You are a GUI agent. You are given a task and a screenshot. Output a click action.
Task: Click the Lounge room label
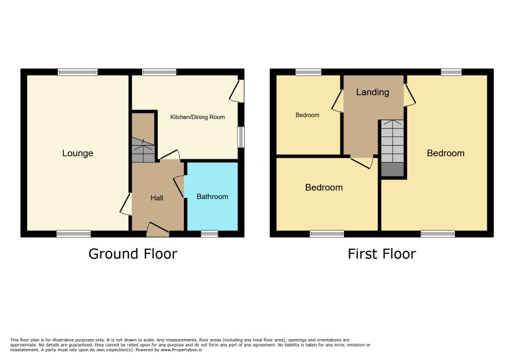(x=78, y=153)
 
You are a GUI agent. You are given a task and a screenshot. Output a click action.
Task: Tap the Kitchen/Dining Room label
(x=198, y=117)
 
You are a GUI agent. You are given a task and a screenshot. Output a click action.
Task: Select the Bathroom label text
(x=212, y=197)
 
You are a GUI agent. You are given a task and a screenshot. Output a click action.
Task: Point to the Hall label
(x=157, y=198)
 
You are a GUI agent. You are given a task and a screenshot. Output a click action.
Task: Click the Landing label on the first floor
(x=372, y=92)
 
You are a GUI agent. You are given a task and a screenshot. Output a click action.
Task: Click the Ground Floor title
(x=133, y=254)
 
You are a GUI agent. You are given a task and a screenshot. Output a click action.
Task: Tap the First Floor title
(x=382, y=254)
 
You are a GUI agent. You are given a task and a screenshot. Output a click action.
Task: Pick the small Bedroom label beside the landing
(x=307, y=115)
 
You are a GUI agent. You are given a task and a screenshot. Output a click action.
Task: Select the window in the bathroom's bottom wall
(x=209, y=233)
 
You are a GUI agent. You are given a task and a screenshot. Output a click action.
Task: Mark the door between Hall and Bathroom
(x=179, y=186)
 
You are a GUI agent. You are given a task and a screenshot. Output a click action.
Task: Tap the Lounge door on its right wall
(x=126, y=204)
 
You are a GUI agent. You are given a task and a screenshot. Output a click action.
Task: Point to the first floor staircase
(x=392, y=148)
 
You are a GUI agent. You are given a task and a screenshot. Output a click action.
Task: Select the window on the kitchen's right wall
(x=241, y=137)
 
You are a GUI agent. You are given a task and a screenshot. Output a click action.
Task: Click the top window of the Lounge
(x=78, y=72)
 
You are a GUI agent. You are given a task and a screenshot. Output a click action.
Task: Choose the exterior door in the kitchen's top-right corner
(x=237, y=91)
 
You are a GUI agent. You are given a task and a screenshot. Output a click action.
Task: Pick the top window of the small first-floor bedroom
(x=309, y=72)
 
